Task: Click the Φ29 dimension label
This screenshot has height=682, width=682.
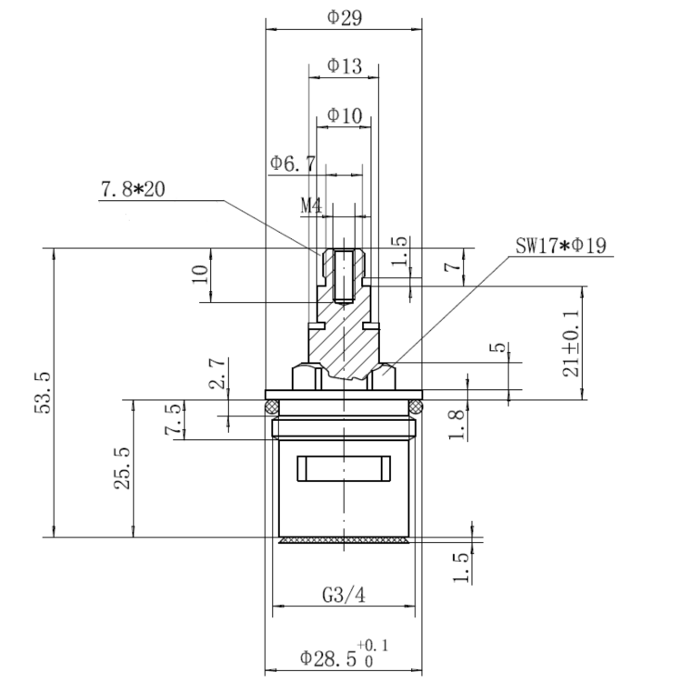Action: point(345,18)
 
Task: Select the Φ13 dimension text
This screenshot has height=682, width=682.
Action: point(345,66)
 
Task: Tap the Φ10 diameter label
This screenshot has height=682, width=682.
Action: point(345,115)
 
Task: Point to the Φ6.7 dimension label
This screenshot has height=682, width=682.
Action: point(293,164)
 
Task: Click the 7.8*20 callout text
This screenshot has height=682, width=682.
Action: point(133,190)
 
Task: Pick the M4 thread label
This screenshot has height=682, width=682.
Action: point(311,206)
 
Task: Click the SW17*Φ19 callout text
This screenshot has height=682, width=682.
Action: point(561,246)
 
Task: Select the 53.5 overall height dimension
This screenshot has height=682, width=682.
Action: point(44,393)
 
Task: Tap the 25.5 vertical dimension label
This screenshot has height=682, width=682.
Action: point(123,468)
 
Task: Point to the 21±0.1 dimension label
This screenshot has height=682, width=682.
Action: point(571,343)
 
